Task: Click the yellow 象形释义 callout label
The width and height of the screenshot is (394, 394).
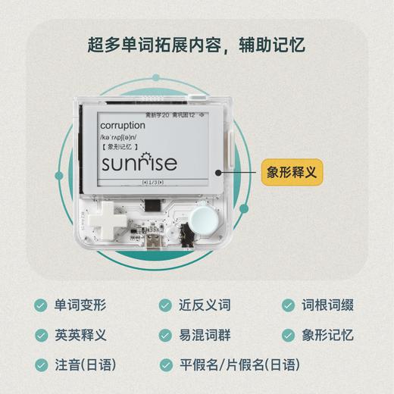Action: [290, 171]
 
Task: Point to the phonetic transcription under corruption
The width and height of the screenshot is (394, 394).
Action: [120, 138]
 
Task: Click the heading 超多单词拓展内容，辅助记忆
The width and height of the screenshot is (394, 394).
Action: [196, 44]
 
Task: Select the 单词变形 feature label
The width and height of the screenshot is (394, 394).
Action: [80, 306]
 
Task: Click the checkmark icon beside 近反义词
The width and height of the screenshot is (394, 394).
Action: [164, 306]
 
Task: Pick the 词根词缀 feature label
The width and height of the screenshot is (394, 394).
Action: [327, 306]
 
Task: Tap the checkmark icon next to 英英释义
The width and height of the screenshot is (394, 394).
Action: [40, 335]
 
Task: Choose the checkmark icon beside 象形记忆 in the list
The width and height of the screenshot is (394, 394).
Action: [288, 335]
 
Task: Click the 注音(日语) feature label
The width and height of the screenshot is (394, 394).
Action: [84, 364]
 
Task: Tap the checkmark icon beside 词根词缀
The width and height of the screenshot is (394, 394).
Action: [288, 306]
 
